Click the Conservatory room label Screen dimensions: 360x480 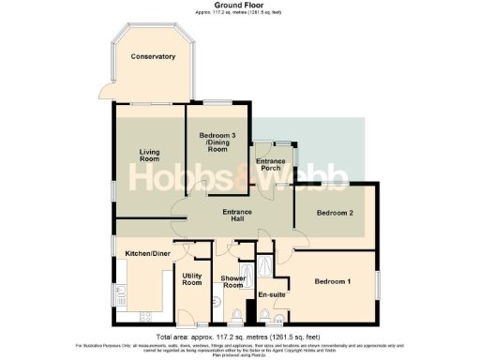coord(153,57)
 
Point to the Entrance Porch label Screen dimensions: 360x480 coord(273,165)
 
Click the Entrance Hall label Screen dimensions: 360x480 coord(237,217)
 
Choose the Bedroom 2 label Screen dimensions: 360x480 coord(335,214)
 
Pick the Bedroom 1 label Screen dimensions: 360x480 coord(333,282)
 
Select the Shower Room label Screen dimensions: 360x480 coord(232,281)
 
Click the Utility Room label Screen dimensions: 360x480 coord(192,278)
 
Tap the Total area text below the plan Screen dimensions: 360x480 coord(239,336)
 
